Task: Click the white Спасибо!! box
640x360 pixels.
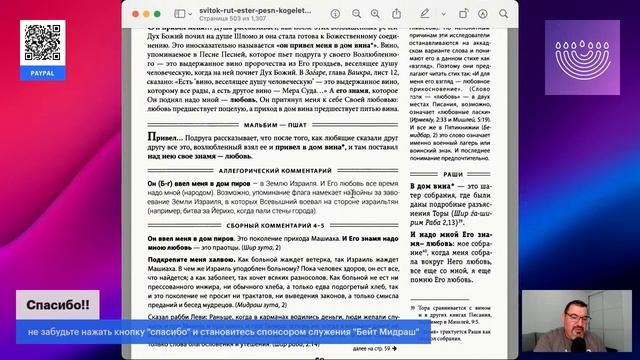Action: [x=58, y=303]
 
